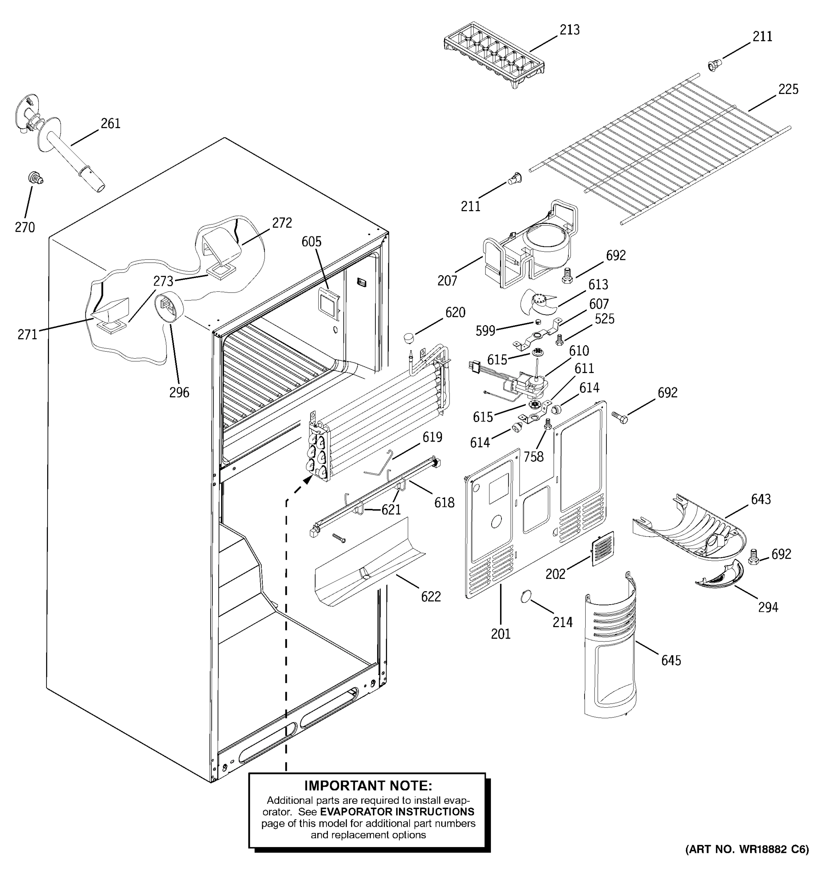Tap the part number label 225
[788, 89]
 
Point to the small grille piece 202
[603, 548]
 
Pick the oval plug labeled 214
[525, 596]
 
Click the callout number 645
[671, 660]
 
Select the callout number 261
[110, 124]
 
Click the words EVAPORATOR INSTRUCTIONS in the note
[397, 811]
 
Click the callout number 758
[533, 457]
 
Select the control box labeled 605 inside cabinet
[328, 302]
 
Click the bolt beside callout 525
[559, 339]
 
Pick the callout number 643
[760, 499]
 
